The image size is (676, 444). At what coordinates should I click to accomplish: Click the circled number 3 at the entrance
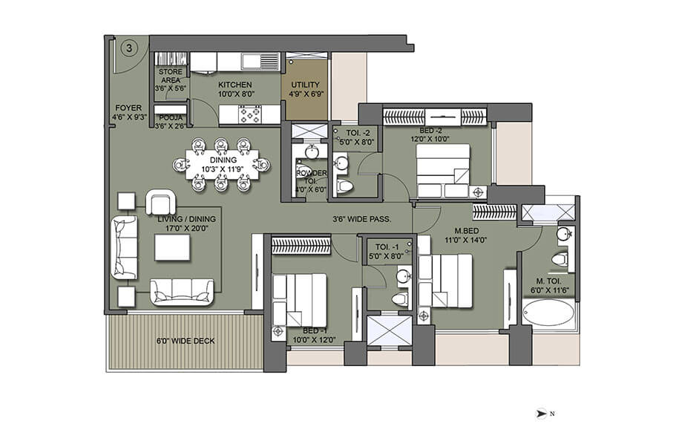129,48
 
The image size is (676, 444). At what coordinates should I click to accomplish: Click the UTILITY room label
305,85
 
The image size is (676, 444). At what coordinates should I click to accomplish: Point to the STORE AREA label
171,76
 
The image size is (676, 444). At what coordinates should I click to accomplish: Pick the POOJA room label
169,117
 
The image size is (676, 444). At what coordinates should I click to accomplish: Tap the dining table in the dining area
223,164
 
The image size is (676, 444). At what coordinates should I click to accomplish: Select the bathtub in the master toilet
549,313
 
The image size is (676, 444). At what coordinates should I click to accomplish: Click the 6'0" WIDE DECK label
186,342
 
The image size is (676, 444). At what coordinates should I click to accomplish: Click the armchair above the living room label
161,201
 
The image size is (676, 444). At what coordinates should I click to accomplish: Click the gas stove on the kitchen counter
250,114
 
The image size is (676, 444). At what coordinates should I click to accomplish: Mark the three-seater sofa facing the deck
182,292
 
